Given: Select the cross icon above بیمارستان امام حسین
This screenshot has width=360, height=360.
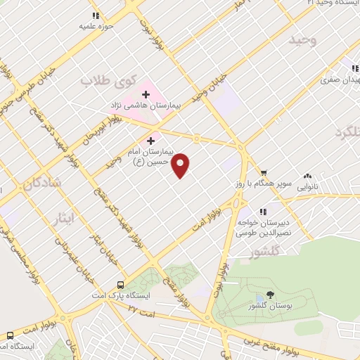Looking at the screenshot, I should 150,141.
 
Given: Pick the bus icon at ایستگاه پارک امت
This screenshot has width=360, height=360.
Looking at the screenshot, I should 121,285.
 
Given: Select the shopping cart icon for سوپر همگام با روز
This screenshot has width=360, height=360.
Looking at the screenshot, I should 264,173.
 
